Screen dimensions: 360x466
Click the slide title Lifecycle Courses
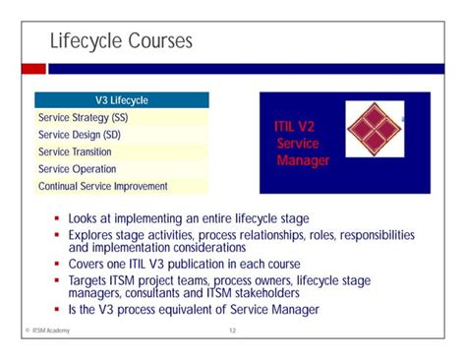[x=121, y=41]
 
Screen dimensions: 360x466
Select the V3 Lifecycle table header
[x=121, y=100]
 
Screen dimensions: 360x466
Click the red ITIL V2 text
[x=295, y=127]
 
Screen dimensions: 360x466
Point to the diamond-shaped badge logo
[x=371, y=130]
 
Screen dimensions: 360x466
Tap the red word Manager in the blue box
[x=303, y=159]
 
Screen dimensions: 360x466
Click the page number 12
[x=233, y=331]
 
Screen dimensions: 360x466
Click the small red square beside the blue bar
[x=34, y=69]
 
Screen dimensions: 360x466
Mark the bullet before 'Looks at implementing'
[x=58, y=218]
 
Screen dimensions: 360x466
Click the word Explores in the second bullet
[x=92, y=235]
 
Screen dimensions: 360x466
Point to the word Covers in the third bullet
[x=88, y=265]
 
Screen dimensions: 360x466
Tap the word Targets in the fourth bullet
[x=90, y=280]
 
